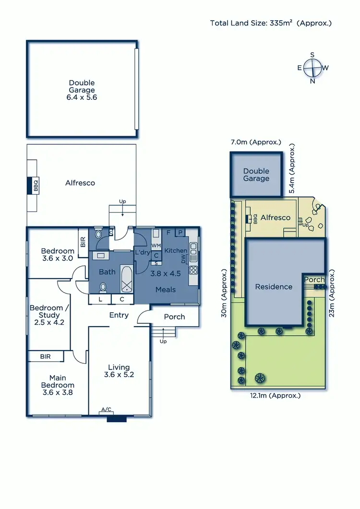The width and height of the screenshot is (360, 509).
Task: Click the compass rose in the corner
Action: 312,68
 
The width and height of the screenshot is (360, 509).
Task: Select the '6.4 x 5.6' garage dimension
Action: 82,97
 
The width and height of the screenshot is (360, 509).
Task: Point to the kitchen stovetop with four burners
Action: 194,269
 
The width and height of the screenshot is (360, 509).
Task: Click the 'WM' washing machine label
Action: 156,245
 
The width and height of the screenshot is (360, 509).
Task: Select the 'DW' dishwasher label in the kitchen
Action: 184,259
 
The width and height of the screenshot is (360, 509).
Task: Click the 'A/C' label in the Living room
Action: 106,409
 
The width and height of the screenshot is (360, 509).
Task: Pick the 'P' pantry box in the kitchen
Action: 181,233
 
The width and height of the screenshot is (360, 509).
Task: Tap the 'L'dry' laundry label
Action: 143,252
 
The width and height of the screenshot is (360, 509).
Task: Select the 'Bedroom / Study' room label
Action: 46,311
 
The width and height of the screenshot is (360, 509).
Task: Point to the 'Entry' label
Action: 119,315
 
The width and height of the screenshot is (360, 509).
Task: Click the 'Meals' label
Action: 166,289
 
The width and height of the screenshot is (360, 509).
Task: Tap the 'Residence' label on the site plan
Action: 274,287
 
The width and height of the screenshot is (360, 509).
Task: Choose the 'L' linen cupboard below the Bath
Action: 100,299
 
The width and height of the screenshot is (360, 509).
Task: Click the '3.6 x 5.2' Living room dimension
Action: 119,375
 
